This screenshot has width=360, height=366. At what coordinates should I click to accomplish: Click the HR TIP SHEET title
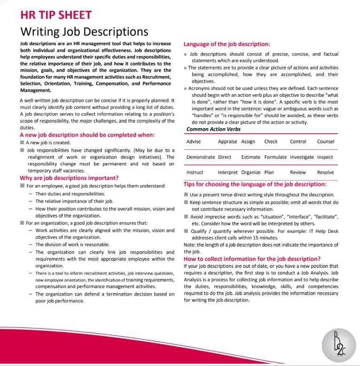(x=56, y=15)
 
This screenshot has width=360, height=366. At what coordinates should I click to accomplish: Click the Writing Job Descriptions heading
(x=84, y=32)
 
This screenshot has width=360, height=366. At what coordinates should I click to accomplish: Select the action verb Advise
(x=193, y=141)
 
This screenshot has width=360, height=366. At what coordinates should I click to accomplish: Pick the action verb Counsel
(x=325, y=141)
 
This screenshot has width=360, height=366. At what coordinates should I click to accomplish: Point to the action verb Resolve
(x=325, y=172)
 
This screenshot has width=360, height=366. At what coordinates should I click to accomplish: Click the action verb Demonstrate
(x=200, y=157)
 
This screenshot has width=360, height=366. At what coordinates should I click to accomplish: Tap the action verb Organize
(x=251, y=172)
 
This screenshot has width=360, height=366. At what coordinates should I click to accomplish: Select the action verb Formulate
(x=275, y=157)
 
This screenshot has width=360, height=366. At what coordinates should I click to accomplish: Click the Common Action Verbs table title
(x=214, y=129)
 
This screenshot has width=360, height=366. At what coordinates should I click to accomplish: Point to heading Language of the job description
(x=227, y=44)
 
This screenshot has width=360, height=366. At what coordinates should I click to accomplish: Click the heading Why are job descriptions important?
(x=69, y=178)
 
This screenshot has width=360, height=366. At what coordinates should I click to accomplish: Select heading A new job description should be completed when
(x=87, y=135)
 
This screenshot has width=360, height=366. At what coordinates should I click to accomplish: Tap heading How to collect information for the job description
(x=252, y=258)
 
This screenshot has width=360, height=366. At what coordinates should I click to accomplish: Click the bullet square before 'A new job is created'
(x=22, y=142)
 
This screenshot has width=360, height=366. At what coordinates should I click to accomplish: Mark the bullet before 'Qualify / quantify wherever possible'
(x=186, y=231)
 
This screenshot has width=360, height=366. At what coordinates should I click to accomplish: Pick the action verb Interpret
(x=228, y=172)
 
